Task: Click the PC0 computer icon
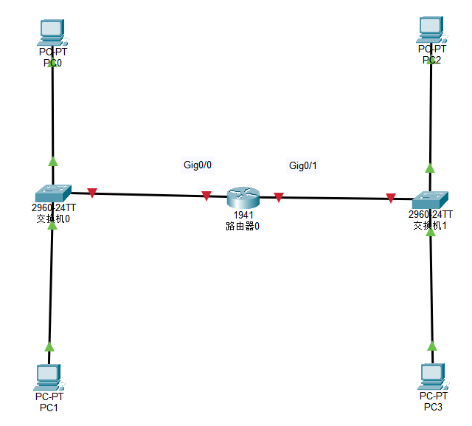click(52, 32)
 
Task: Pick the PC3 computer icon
click(431, 377)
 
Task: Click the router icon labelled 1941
click(243, 197)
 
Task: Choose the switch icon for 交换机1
click(430, 200)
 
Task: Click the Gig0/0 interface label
click(198, 165)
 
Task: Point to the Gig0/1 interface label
click(303, 165)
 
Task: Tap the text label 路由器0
click(243, 226)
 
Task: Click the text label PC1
click(49, 408)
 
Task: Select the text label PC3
click(433, 407)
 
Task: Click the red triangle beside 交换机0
click(91, 193)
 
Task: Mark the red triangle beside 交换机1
click(390, 198)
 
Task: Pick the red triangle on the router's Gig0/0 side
click(206, 196)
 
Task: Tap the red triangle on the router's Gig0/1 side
click(279, 197)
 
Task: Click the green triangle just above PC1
click(49, 346)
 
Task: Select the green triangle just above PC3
click(432, 346)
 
